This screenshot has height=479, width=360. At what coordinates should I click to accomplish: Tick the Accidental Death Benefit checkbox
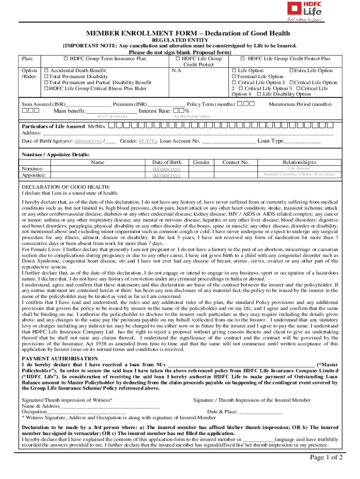[x=46, y=71]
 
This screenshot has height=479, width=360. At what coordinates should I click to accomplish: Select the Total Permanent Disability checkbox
[x=46, y=77]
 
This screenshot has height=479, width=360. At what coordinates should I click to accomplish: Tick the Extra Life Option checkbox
[x=292, y=71]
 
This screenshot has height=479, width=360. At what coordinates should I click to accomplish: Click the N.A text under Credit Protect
[x=176, y=71]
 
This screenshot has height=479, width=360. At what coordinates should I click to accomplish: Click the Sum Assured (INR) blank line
[x=89, y=104]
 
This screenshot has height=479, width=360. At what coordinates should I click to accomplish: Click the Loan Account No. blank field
[x=229, y=141]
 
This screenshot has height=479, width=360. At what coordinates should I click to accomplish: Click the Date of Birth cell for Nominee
[x=167, y=168]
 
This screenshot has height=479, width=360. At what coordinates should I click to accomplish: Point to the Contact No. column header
[x=235, y=162]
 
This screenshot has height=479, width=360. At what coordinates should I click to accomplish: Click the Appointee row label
[x=32, y=175]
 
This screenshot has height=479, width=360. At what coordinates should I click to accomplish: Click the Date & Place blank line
[x=260, y=412]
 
